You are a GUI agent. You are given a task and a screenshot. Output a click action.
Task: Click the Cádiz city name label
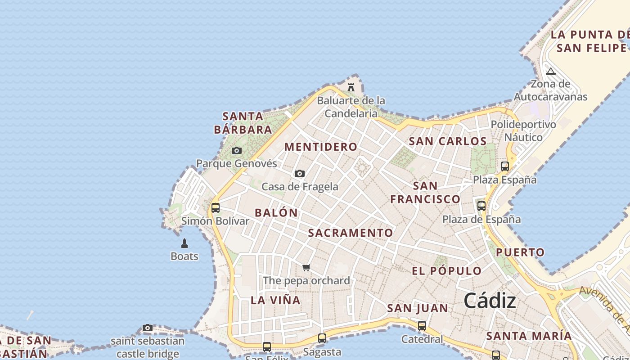(490, 300)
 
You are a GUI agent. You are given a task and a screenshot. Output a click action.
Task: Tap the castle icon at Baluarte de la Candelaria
(351, 87)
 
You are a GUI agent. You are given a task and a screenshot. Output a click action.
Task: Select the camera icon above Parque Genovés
(237, 150)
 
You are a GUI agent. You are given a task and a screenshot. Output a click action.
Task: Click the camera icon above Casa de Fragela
(300, 173)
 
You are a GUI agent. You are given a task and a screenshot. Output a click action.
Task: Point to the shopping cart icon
(306, 267)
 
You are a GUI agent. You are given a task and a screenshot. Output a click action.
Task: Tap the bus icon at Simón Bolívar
(216, 207)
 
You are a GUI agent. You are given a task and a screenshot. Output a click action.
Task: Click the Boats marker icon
(184, 243)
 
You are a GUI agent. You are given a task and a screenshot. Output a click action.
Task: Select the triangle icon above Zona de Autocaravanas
(550, 71)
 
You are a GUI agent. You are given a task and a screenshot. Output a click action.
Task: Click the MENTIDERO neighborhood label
(321, 147)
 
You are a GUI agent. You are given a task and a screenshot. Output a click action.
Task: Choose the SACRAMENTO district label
(351, 233)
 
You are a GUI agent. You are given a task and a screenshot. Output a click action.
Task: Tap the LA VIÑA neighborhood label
(275, 300)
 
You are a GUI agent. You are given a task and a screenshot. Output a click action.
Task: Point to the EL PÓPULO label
(447, 271)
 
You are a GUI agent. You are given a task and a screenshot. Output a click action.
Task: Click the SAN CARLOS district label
(448, 141)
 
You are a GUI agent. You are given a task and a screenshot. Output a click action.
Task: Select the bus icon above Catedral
(422, 325)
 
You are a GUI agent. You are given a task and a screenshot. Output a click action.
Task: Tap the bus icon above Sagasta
(322, 338)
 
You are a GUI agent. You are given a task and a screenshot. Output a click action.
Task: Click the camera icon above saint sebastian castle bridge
(148, 328)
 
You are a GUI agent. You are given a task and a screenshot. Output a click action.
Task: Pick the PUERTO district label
(520, 252)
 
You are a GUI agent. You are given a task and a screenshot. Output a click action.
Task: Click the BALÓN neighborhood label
(276, 213)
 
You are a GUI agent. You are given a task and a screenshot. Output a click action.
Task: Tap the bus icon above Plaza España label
(505, 166)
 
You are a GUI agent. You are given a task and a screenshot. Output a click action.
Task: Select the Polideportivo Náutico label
(523, 130)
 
